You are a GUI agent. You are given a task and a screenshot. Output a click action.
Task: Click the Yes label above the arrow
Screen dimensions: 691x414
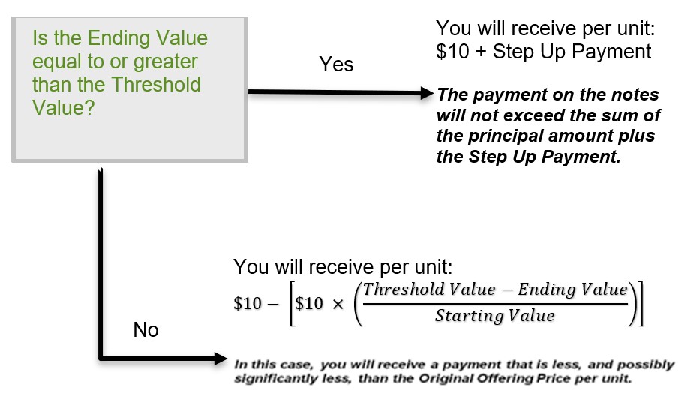coord(336,64)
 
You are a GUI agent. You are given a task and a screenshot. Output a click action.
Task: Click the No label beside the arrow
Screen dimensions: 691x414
coord(146,330)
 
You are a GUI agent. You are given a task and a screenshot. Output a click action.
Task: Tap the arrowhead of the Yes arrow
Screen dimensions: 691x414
coord(428,93)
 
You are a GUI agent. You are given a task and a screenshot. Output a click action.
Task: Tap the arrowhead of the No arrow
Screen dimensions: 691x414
coord(221,358)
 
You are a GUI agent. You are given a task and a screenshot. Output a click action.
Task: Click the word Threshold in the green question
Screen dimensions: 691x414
coord(156,85)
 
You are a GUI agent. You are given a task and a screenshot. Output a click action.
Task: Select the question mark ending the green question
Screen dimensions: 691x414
coord(89,107)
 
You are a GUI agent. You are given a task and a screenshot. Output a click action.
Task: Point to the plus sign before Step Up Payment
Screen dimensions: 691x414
coord(481,52)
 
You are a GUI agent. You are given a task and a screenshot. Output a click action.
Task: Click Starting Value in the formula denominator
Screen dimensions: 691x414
coord(495,315)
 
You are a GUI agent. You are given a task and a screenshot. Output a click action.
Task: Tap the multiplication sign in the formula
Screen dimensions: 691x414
coord(338,304)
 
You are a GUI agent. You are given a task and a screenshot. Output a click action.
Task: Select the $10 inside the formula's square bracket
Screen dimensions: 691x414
coord(309,303)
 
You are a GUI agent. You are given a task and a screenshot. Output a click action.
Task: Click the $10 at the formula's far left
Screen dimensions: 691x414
coord(248,303)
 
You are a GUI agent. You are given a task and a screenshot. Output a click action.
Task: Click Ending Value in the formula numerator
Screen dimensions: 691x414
coord(572,289)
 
